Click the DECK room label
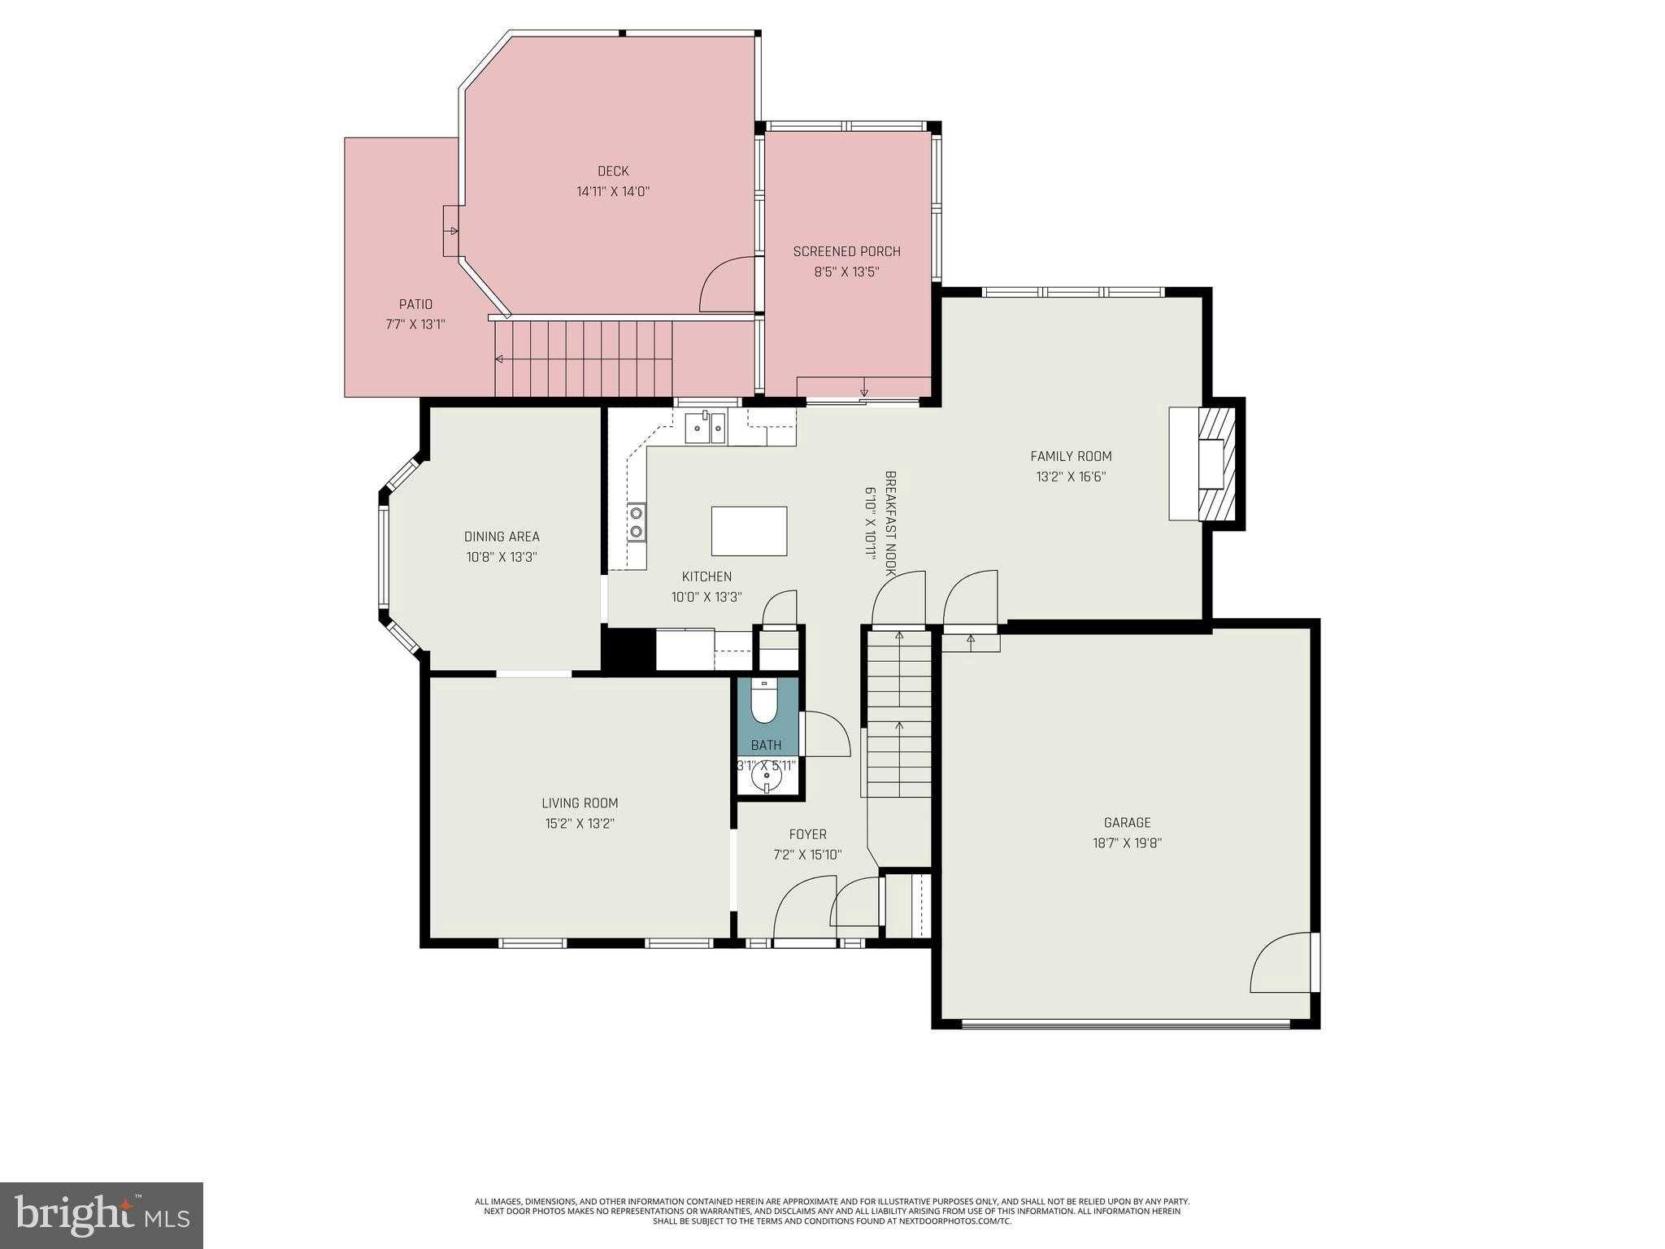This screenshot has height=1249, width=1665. click(x=613, y=171)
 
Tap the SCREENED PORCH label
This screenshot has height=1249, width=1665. click(x=847, y=251)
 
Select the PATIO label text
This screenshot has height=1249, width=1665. click(x=415, y=304)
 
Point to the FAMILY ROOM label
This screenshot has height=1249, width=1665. click(x=1071, y=456)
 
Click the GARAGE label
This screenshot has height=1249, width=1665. click(x=1127, y=823)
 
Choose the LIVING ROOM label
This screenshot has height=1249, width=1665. click(x=580, y=803)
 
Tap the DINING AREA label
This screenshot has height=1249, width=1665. click(x=502, y=537)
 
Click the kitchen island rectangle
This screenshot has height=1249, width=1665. click(x=749, y=531)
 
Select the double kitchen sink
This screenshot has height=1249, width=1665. click(x=705, y=428)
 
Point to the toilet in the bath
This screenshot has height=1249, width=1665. click(x=764, y=701)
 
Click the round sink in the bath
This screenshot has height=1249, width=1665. click(x=766, y=779)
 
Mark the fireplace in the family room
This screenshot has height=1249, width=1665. click(x=1202, y=463)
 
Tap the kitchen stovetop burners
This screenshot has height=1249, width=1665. click(x=636, y=522)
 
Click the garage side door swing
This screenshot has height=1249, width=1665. click(x=1281, y=962)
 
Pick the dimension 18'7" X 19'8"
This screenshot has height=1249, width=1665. click(x=1127, y=843)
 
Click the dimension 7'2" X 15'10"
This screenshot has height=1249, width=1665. click(x=807, y=855)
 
